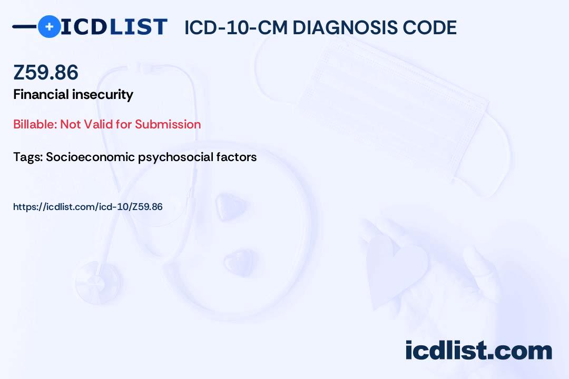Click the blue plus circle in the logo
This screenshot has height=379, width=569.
[49, 26]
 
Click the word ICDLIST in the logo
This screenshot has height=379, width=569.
[114, 27]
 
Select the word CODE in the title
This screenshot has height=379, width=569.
[430, 27]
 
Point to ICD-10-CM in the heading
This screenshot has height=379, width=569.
[236, 27]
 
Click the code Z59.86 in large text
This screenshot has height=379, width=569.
[46, 72]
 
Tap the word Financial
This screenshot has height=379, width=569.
[41, 94]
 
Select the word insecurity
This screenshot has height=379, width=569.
[103, 95]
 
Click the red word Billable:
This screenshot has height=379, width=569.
[35, 124]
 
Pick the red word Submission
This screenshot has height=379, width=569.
[168, 124]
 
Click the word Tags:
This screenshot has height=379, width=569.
[28, 157]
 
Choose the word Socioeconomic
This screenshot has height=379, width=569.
[91, 157]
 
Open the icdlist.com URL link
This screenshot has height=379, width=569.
[88, 207]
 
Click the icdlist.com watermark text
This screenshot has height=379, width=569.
[478, 350]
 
